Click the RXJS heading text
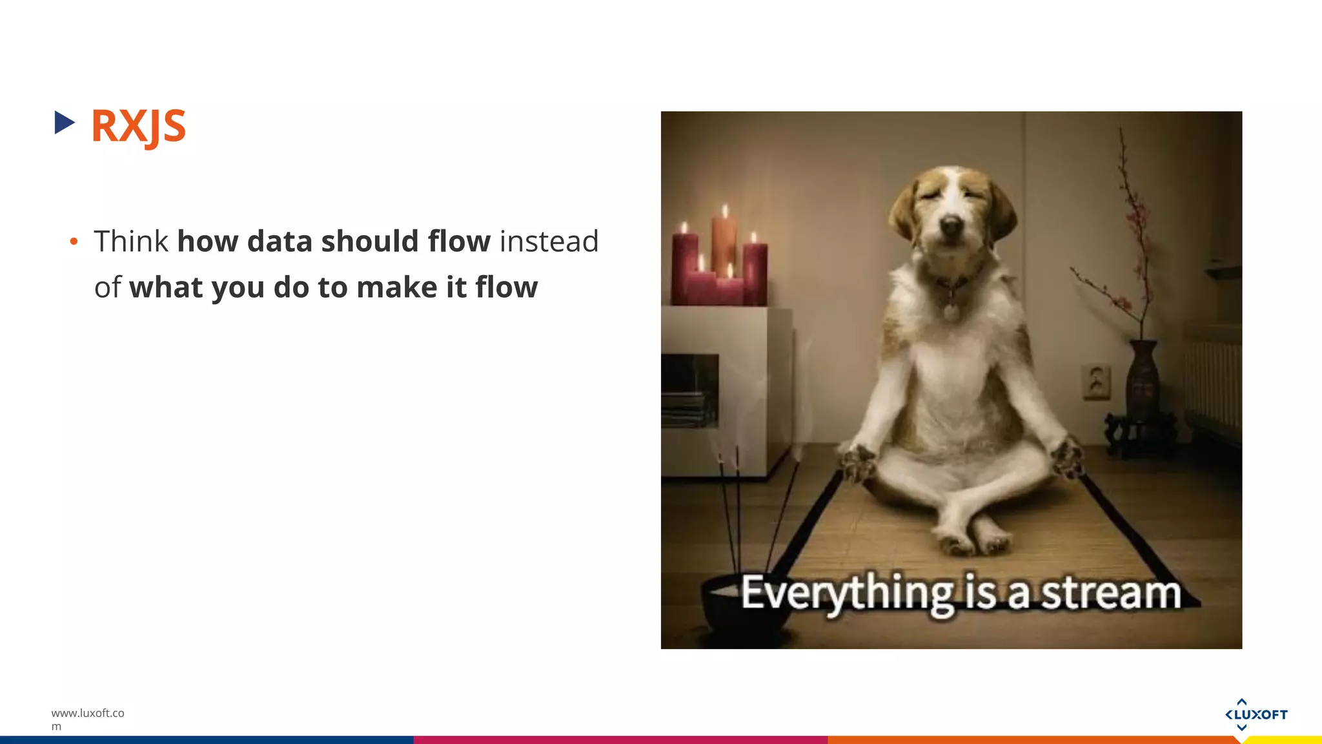(138, 125)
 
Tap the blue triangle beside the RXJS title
(64, 122)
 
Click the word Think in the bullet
(131, 242)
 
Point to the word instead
(549, 242)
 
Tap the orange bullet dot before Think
(74, 242)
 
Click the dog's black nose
(951, 225)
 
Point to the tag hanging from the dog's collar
(951, 313)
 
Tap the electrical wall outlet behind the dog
(1096, 381)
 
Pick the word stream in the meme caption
(1111, 593)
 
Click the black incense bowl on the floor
(742, 607)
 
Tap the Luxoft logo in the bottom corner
(1256, 714)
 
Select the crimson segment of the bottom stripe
(620, 740)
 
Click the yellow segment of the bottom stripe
(1285, 740)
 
